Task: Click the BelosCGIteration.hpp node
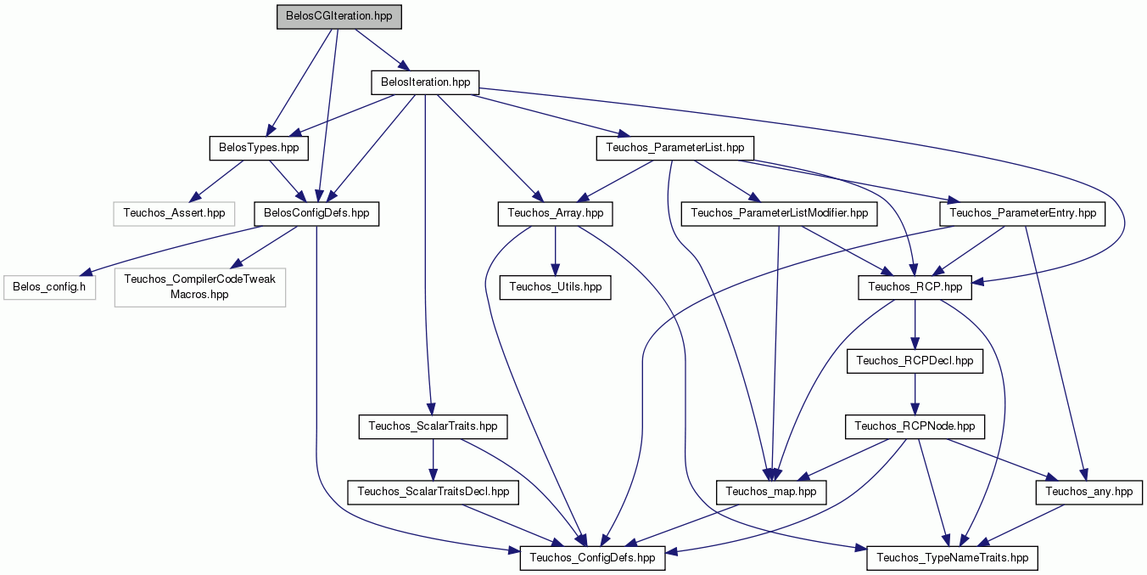339,17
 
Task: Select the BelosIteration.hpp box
425,82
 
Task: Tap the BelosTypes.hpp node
259,148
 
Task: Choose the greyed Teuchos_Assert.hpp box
174,214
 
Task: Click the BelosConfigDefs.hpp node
316,214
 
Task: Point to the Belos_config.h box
49,287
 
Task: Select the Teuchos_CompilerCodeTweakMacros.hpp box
199,287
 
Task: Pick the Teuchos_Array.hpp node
555,214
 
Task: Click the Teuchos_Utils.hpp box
555,287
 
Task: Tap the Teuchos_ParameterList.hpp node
675,148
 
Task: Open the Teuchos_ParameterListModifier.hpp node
779,214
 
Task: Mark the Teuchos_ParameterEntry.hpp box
1022,214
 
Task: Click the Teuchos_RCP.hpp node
915,287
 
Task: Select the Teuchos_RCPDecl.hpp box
915,361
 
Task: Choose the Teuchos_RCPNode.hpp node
915,427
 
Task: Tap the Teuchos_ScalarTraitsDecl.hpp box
434,493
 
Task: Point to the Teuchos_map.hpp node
771,493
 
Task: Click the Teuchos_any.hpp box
1089,493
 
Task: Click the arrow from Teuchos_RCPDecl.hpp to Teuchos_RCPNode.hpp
915,394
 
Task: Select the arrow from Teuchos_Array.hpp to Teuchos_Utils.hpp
555,251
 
